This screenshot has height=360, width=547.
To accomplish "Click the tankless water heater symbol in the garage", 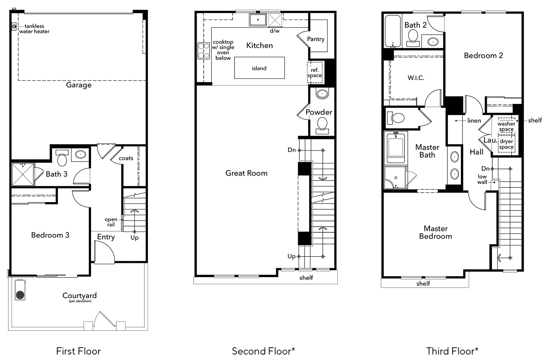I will [x=14, y=26].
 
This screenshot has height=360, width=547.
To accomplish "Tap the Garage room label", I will [x=79, y=85].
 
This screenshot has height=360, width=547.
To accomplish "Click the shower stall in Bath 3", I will [x=23, y=174].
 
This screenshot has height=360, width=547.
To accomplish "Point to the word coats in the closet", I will [x=126, y=158].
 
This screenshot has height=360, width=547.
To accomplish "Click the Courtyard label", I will [x=79, y=296].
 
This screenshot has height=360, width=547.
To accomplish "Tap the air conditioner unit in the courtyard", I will [x=20, y=291].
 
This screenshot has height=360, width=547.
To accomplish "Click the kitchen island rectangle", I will [x=259, y=68].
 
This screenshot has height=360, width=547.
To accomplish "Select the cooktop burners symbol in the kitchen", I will [x=203, y=51].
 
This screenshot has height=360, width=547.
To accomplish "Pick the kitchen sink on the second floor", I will [x=258, y=20].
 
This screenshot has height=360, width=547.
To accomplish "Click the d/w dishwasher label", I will [x=275, y=31].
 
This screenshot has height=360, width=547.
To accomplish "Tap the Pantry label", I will [x=316, y=39].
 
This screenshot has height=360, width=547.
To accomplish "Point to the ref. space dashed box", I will [x=314, y=73].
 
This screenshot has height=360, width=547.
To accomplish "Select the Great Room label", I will [x=247, y=173].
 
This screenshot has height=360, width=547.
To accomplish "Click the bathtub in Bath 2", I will [x=393, y=31].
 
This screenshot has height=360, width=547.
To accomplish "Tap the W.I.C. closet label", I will [x=416, y=78].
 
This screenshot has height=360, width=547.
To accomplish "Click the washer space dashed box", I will [x=506, y=126].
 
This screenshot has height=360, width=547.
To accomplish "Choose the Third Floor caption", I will [x=452, y=351].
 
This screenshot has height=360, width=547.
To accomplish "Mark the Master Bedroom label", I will [x=435, y=232].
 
